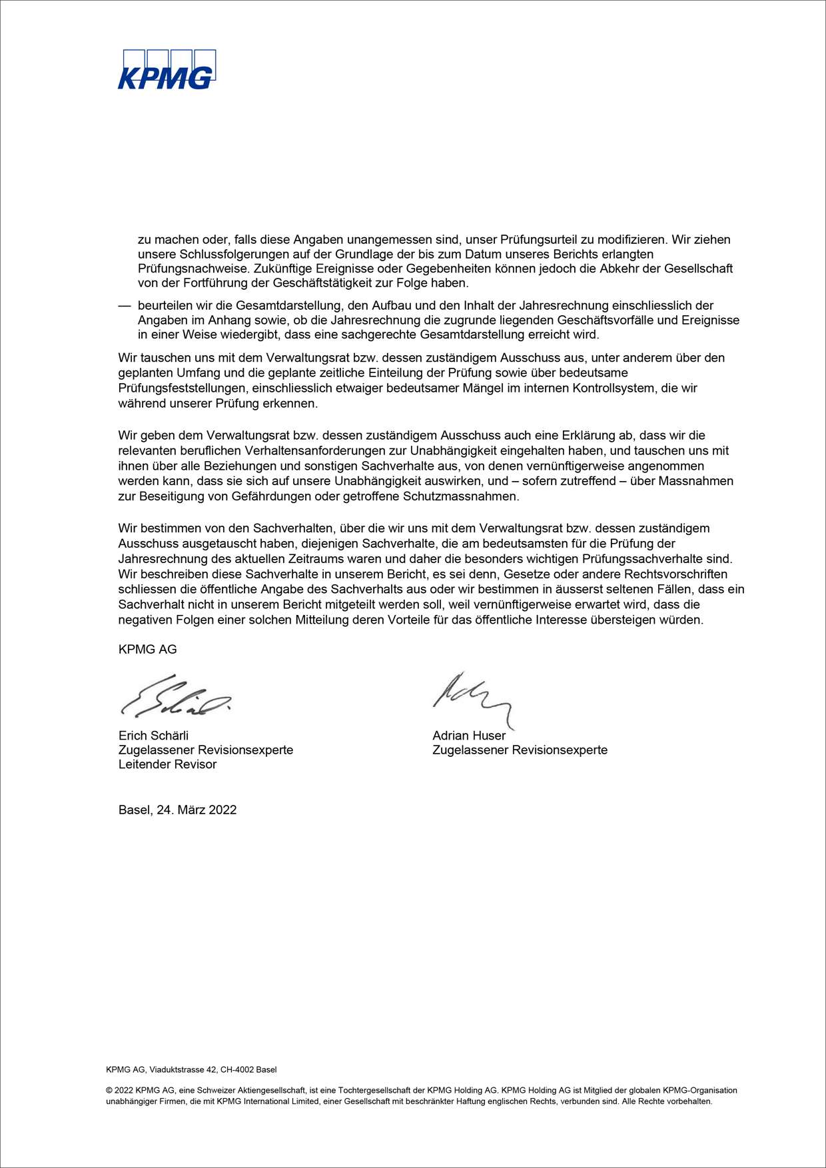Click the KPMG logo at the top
(167, 70)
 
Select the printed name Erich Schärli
(153, 736)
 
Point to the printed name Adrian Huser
(469, 736)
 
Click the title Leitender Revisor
(167, 764)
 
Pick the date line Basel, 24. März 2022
(177, 810)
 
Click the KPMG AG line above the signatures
(147, 649)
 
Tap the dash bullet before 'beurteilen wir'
(124, 305)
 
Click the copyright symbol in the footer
(109, 1091)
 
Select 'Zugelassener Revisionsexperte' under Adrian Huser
(520, 750)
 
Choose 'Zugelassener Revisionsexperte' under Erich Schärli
(206, 750)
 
